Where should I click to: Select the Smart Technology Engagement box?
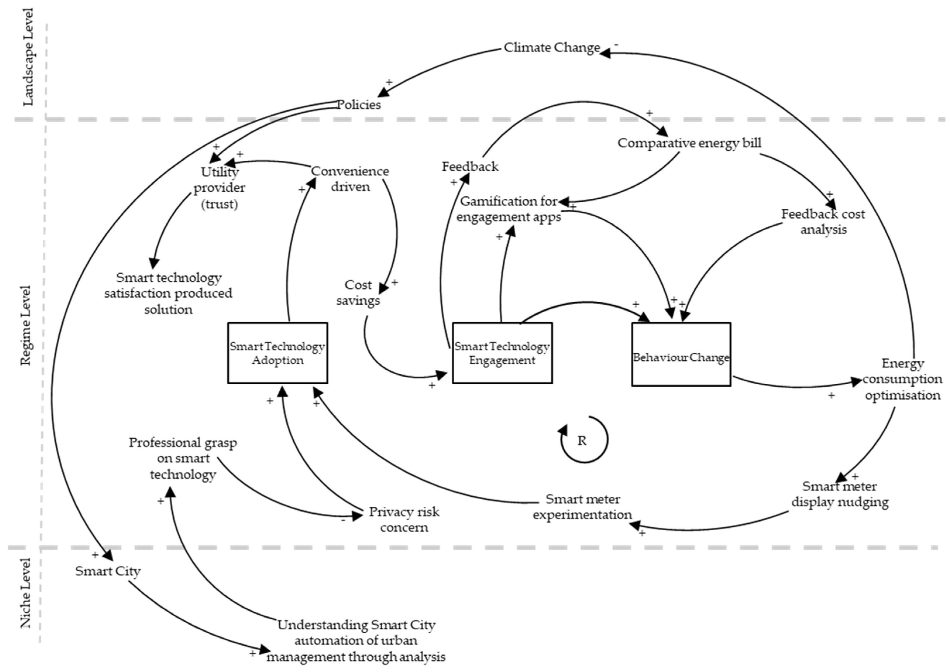point(502,353)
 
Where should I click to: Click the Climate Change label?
point(552,48)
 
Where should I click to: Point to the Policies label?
point(359,104)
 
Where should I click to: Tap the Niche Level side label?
point(26,593)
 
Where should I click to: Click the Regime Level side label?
point(26,326)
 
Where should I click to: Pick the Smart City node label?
point(108,571)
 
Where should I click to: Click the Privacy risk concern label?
point(404,520)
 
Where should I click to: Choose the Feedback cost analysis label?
point(823,222)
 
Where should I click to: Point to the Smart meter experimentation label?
point(582,507)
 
